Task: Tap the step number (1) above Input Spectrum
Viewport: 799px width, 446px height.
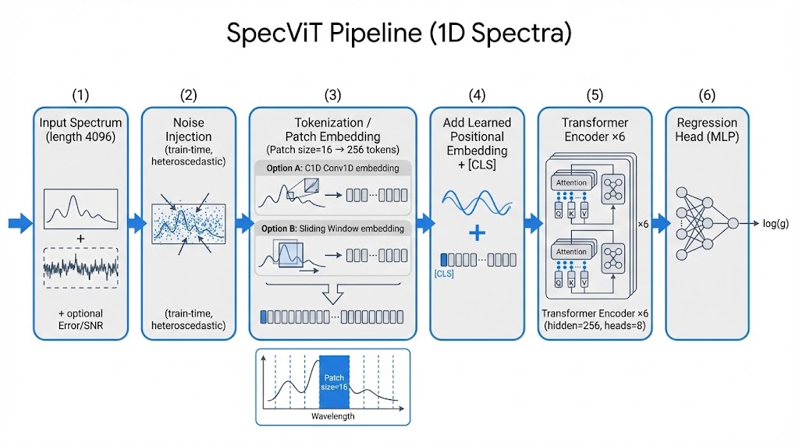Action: click(80, 95)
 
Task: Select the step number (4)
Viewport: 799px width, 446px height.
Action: click(477, 95)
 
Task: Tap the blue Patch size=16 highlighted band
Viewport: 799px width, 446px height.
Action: click(335, 383)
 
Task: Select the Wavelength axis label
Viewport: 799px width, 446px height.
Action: click(332, 416)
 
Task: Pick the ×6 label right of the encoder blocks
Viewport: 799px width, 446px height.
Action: click(644, 224)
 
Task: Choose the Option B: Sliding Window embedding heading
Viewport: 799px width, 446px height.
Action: click(332, 228)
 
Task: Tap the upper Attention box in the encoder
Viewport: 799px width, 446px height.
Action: click(571, 182)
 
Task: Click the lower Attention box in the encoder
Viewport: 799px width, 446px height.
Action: click(571, 252)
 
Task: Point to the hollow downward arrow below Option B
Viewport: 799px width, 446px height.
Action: click(332, 294)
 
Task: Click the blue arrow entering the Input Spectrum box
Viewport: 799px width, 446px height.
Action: click(20, 224)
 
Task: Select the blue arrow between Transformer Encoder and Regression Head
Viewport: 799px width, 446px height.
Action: click(659, 224)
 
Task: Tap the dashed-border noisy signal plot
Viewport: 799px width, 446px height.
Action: click(81, 267)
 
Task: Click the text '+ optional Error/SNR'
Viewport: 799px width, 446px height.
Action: click(80, 320)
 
